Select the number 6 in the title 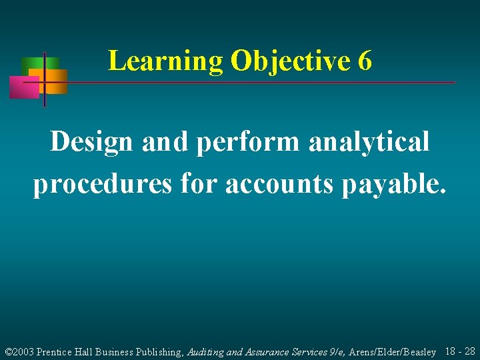click(x=365, y=61)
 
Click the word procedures click(x=103, y=184)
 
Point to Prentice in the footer click(x=59, y=351)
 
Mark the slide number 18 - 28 click(x=459, y=351)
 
